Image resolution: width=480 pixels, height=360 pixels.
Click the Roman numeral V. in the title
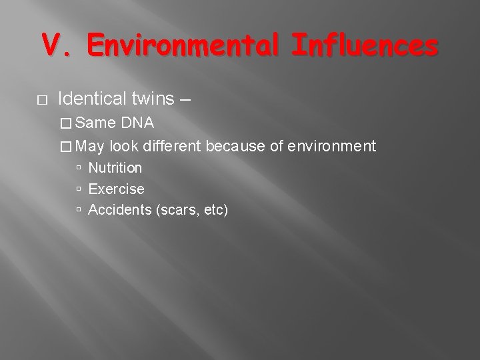(x=55, y=47)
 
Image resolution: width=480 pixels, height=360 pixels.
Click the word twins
(x=151, y=99)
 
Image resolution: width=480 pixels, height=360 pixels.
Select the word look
(x=125, y=146)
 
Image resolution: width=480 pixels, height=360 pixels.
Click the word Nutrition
(x=115, y=168)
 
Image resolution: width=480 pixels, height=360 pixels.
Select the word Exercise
(x=116, y=189)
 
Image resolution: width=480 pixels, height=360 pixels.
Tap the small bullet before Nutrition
(x=79, y=168)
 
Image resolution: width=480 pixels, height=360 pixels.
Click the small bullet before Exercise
(x=79, y=189)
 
